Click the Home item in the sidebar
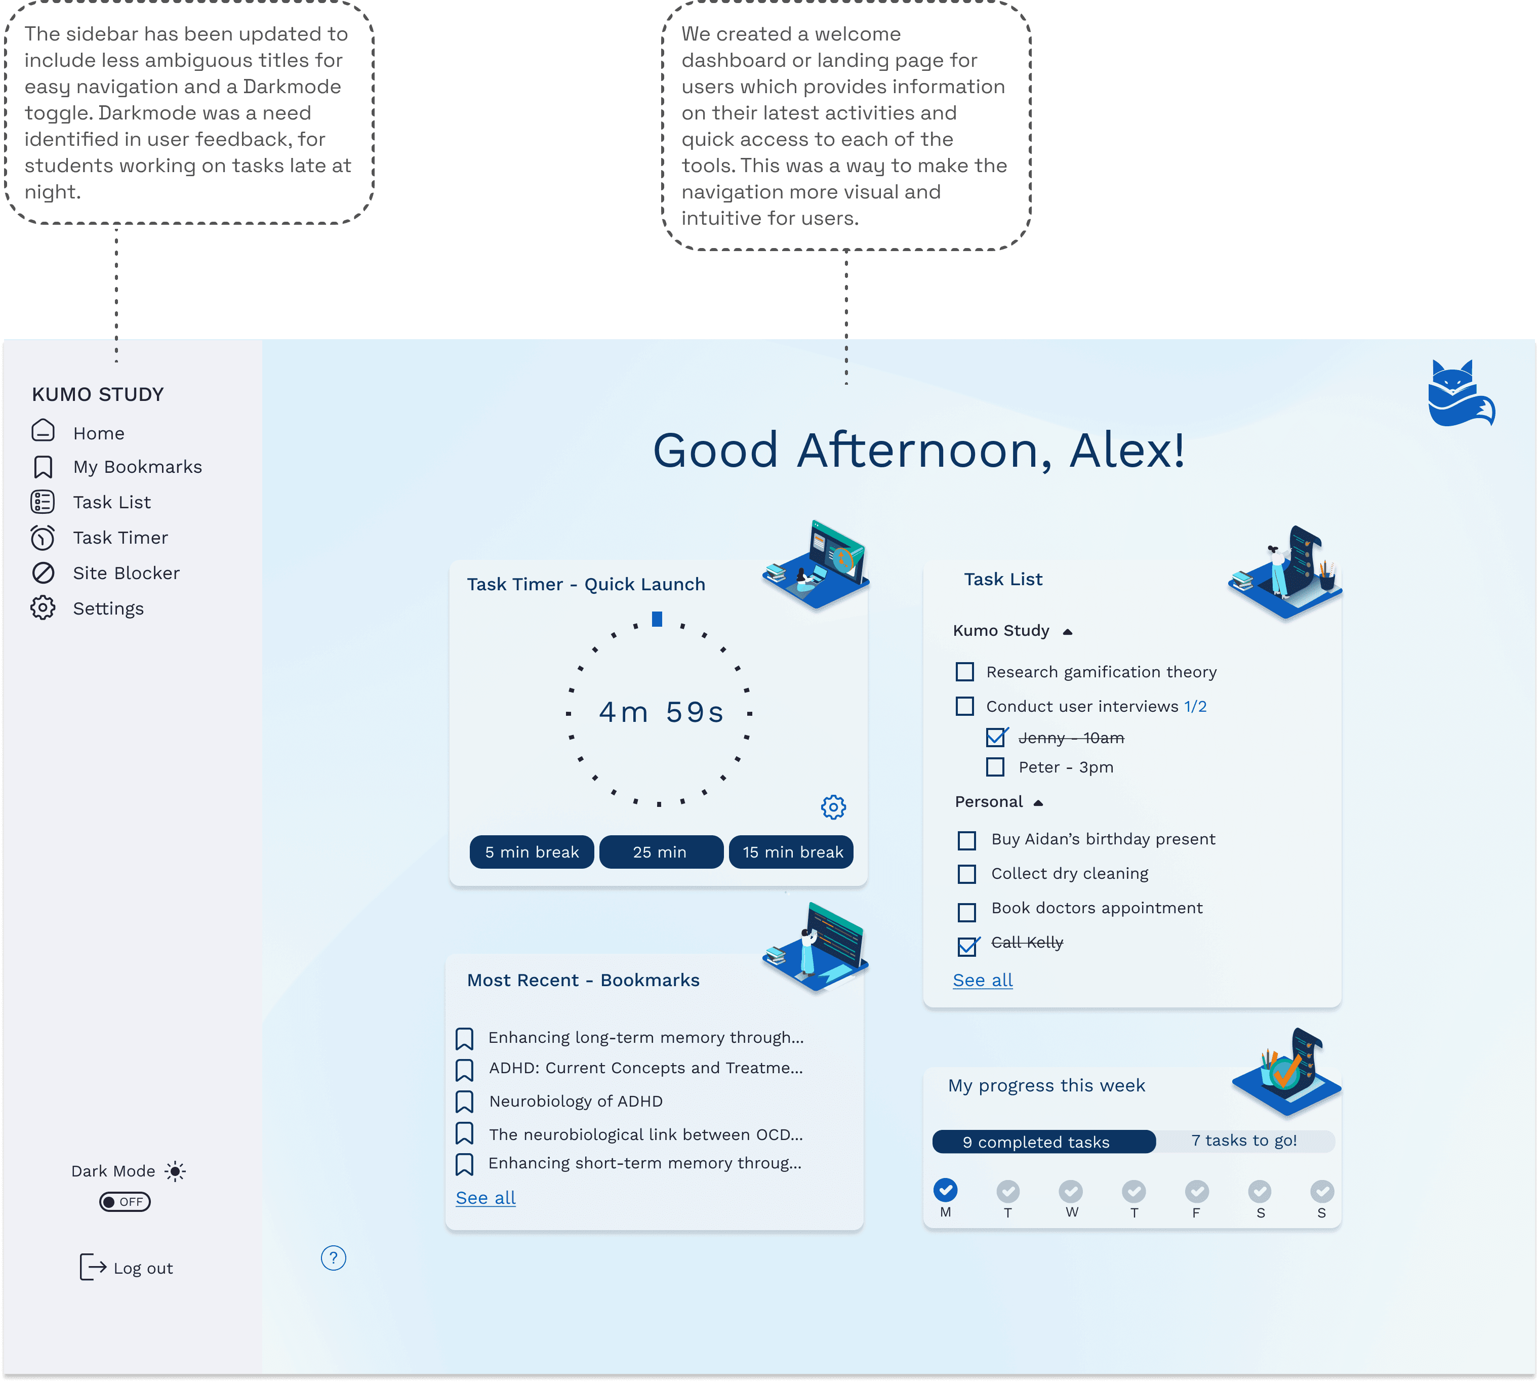tap(98, 433)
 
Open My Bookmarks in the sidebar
tap(137, 467)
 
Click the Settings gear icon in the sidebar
tap(43, 608)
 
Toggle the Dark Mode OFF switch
tap(125, 1202)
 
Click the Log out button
tap(127, 1268)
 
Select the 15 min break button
tap(791, 852)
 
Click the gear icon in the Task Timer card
tap(833, 807)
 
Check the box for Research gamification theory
tap(964, 672)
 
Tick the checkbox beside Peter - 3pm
tap(995, 767)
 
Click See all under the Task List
tap(983, 980)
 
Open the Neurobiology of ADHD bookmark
tap(576, 1101)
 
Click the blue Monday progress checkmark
tap(945, 1190)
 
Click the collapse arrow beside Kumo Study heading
tap(1068, 632)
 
